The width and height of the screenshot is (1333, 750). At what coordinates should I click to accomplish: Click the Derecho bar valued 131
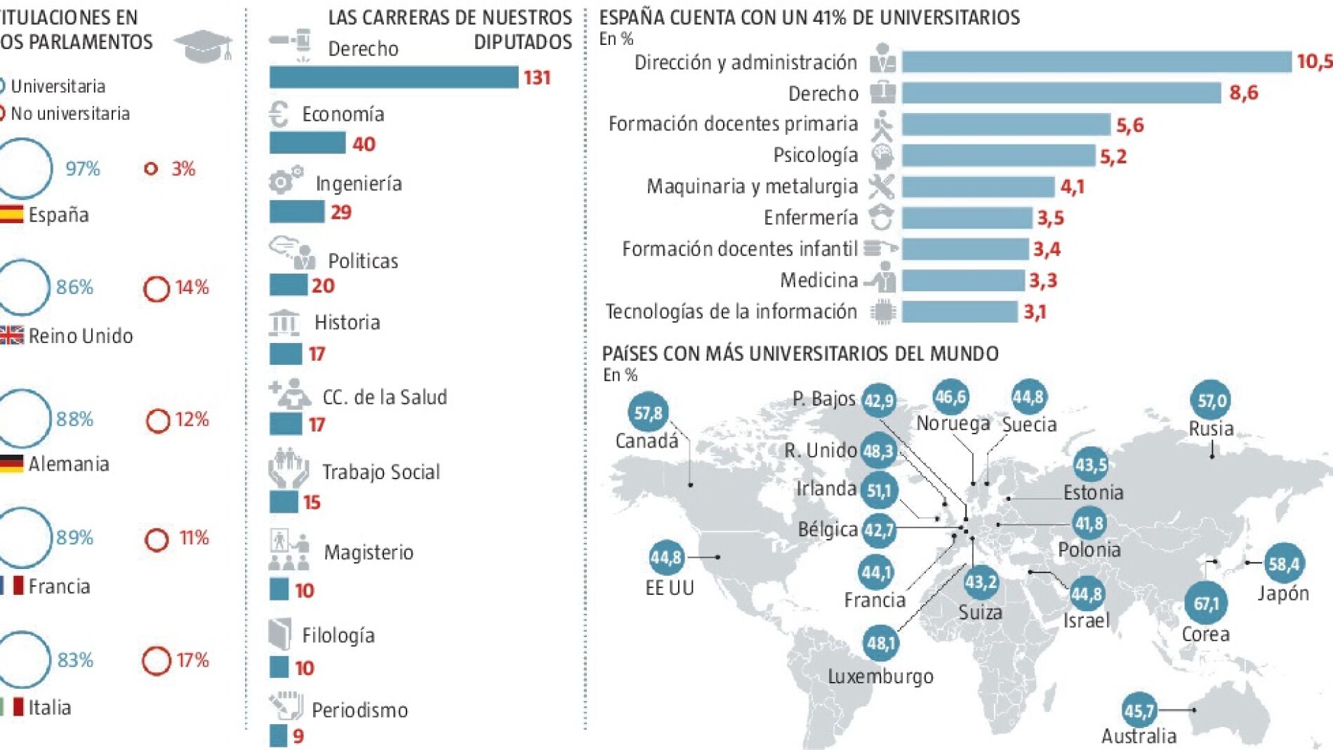394,77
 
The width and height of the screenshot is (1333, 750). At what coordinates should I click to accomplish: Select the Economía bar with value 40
307,143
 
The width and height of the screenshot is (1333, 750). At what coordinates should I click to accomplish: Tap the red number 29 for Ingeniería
341,212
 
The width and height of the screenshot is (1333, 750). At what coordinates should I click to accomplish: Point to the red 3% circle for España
151,168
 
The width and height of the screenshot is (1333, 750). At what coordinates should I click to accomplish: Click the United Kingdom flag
11,335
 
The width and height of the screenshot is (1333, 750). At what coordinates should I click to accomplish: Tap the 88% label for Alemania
75,419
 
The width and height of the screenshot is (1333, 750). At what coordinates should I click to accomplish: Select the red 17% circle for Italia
156,660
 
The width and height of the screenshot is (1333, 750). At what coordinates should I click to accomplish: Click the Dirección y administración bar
1096,62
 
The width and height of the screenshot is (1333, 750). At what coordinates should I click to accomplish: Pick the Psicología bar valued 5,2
998,155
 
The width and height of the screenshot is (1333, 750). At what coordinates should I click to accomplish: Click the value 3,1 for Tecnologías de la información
1035,312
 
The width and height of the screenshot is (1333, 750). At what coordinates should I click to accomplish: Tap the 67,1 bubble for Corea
1206,603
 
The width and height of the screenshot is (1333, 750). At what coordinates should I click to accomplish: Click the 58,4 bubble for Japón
1284,563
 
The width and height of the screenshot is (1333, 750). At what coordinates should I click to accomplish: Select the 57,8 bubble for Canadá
648,413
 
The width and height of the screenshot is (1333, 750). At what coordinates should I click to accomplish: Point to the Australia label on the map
1139,736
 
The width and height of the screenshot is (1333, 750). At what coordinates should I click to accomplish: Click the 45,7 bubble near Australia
1139,711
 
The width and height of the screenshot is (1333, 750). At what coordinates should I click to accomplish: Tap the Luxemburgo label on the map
880,676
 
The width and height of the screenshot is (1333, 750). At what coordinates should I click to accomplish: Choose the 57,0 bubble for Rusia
1212,401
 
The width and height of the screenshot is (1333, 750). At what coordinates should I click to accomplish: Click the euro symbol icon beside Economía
279,114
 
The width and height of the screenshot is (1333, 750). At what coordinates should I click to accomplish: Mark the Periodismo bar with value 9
278,735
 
